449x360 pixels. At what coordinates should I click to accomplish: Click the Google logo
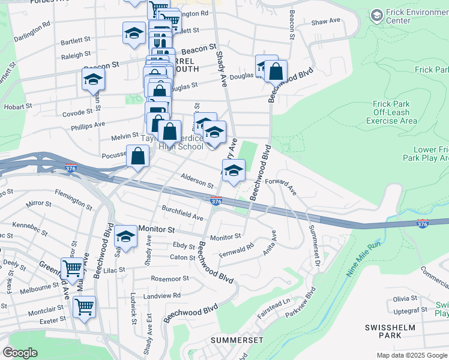click(20, 352)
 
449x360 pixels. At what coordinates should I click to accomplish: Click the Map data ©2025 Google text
click(412, 355)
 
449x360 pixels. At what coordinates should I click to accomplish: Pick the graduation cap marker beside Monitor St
click(126, 236)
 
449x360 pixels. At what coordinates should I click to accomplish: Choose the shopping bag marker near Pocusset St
click(138, 156)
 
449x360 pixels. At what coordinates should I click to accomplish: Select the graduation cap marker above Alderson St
click(234, 171)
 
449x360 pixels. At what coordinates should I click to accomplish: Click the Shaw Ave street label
click(325, 21)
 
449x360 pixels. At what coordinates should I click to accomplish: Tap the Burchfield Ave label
click(182, 212)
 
